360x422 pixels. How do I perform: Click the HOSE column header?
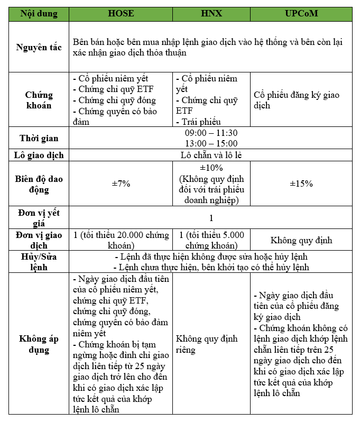pos(121,14)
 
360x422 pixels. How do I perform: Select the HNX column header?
pos(211,14)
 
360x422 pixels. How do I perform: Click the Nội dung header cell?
pos(39,14)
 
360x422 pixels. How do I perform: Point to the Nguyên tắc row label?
pos(39,48)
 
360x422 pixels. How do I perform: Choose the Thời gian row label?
pos(39,139)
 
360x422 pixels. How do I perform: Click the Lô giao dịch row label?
pos(39,155)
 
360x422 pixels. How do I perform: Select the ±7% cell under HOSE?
pos(121,184)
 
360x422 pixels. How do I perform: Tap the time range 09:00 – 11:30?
pos(211,133)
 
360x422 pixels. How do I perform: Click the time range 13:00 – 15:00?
pos(211,143)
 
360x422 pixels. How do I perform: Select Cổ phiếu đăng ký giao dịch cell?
pos(297,100)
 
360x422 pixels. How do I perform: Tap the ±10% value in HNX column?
pos(211,168)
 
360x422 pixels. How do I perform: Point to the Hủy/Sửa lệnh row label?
pos(39,262)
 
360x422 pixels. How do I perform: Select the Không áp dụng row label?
pos(39,344)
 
